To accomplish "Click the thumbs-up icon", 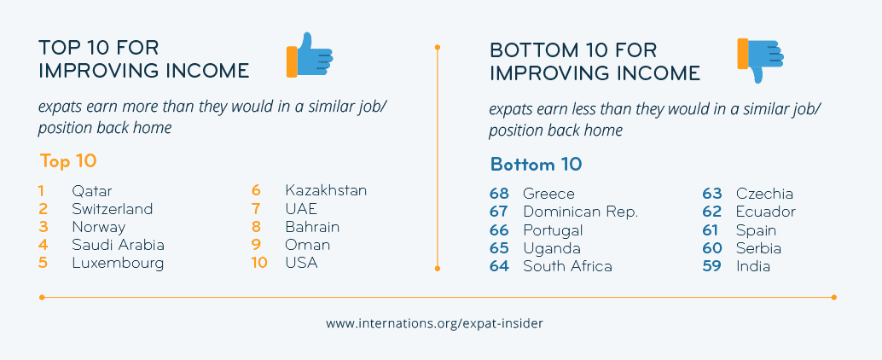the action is click(x=310, y=55).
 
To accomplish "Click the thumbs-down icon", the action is click(x=760, y=61).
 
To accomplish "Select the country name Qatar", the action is click(x=92, y=191).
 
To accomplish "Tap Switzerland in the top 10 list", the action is click(x=113, y=209).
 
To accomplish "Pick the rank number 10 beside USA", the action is click(x=259, y=263).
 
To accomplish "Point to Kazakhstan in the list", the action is click(x=326, y=191).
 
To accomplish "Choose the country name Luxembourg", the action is click(x=118, y=264).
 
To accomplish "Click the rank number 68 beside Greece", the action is click(x=500, y=194).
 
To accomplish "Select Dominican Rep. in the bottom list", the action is click(x=581, y=212).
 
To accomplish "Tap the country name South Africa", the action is click(x=567, y=266).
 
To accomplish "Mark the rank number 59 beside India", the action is click(x=711, y=266).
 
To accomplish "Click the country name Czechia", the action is click(x=764, y=194).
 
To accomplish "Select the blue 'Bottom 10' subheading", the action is click(x=536, y=165).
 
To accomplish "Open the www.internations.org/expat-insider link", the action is click(x=435, y=324).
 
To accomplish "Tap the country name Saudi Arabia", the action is click(x=118, y=245).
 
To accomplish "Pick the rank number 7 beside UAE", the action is click(x=256, y=209).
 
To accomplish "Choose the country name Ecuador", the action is click(x=766, y=212).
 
